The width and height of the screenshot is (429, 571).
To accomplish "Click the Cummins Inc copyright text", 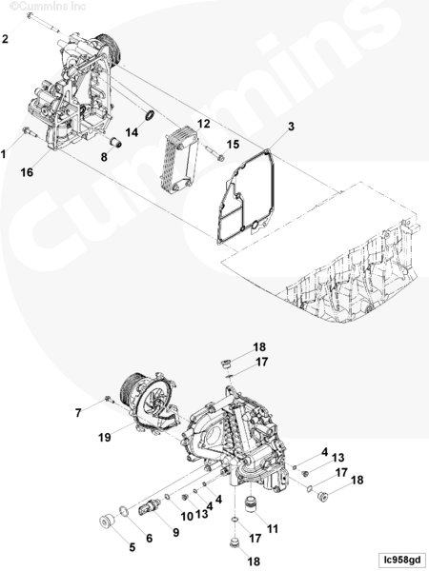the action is [x=48, y=6].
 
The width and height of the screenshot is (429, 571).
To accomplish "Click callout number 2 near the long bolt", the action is [x=5, y=39].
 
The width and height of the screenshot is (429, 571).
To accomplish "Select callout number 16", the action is [x=27, y=172].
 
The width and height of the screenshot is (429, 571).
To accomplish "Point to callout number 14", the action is [x=133, y=132].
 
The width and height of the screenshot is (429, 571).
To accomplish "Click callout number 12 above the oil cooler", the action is [x=204, y=124].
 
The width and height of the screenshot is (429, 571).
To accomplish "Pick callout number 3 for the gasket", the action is [x=291, y=127].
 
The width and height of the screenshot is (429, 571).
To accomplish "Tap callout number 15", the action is [x=233, y=145].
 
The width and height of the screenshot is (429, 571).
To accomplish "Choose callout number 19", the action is [x=104, y=437].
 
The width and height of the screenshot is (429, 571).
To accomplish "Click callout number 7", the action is [x=78, y=413].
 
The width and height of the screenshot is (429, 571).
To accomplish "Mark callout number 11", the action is [x=273, y=528].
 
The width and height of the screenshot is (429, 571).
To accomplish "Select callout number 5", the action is [x=133, y=547].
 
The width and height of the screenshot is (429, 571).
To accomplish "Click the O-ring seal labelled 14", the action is [x=150, y=115].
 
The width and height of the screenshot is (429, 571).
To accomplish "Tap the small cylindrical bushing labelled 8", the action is [x=115, y=143].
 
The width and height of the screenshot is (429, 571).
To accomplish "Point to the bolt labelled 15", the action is [x=214, y=153].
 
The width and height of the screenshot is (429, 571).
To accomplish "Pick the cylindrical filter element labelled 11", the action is [x=251, y=503].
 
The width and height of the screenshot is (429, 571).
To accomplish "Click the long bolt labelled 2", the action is [x=42, y=22].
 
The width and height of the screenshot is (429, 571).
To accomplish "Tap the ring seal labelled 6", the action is [x=124, y=511].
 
